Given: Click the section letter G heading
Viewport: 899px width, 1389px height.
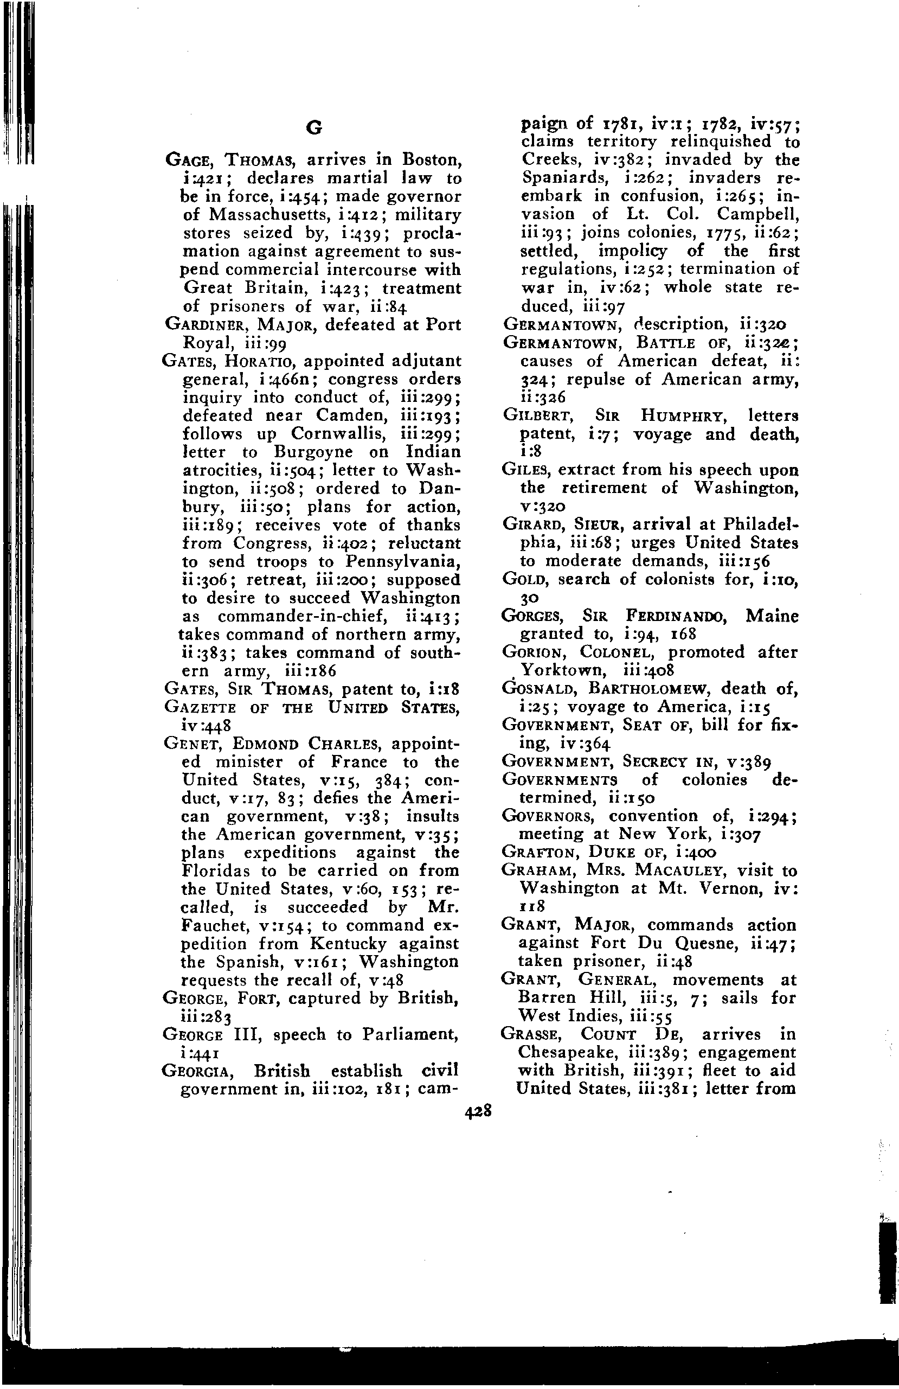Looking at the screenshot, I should pos(314,128).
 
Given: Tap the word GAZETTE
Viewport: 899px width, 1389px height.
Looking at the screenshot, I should pos(200,708).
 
